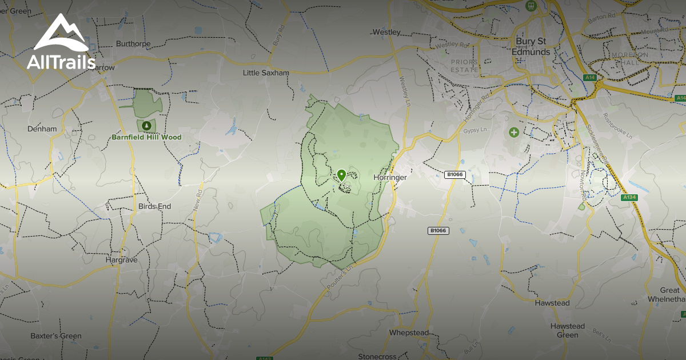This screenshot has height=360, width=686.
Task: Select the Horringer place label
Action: pos(390,178)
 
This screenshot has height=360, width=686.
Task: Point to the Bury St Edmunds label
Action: pos(533,47)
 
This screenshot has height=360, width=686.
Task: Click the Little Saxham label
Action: pos(266,73)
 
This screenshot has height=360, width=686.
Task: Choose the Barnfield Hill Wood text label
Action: pos(147,138)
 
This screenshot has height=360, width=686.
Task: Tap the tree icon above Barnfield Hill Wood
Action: pos(147,125)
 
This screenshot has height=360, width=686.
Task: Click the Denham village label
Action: pos(42,129)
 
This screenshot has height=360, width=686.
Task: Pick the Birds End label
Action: pos(154,206)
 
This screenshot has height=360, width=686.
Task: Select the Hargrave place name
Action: pos(122,259)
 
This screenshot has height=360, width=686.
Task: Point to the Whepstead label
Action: pos(409,333)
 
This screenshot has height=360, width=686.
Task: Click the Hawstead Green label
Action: pos(568,330)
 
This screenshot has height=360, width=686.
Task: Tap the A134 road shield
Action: pos(629,198)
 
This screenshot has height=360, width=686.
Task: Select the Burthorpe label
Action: pos(133,43)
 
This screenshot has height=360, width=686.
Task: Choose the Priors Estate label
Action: pos(464,66)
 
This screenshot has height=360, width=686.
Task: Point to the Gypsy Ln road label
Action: pos(474,131)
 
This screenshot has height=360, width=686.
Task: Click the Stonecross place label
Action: pos(377,357)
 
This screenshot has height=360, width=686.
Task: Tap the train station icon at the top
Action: pos(530,6)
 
